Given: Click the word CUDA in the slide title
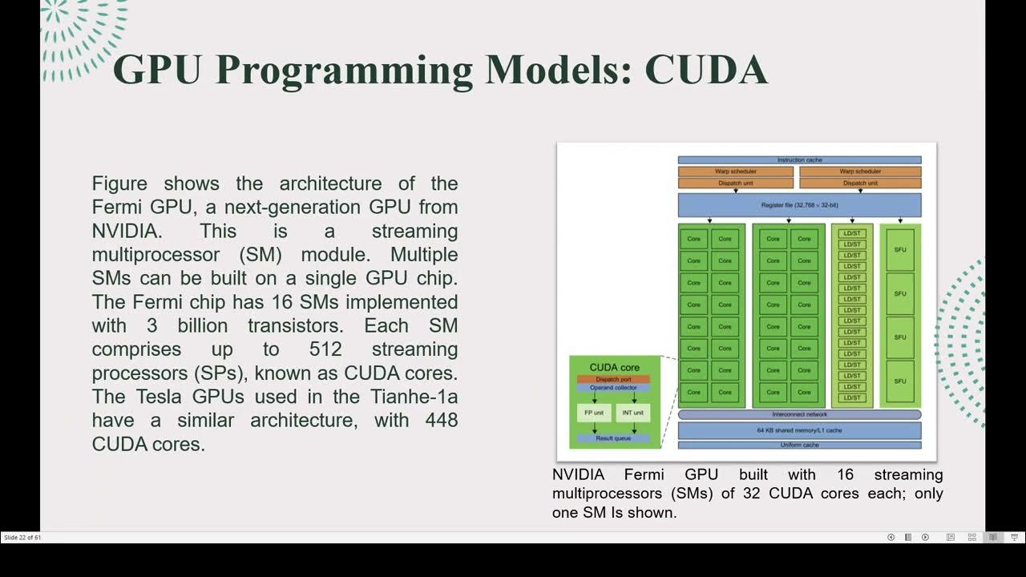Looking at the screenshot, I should [x=705, y=70].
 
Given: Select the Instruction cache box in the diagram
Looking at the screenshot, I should [x=799, y=160].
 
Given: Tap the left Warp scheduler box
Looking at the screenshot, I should [x=735, y=171].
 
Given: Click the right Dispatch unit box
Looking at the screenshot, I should [x=860, y=183].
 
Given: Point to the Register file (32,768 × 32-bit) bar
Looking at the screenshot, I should [x=799, y=205].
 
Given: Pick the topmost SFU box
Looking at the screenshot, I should [x=899, y=250].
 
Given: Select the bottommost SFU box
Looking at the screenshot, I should [x=899, y=381].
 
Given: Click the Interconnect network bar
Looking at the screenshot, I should [x=799, y=414].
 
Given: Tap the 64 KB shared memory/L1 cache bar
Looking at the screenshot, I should [x=799, y=430].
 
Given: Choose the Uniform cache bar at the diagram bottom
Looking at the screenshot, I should [x=799, y=445].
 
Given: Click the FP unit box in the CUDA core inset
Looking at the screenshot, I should [x=594, y=413].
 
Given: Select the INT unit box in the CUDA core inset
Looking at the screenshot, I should [x=633, y=413].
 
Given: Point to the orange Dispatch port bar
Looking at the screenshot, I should [x=613, y=379].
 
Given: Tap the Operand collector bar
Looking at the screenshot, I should [x=613, y=388].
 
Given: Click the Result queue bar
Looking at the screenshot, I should [x=613, y=438].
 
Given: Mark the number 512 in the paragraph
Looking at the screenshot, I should [x=325, y=349].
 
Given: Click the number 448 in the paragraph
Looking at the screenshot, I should [x=441, y=420].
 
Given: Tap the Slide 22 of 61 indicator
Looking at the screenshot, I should [x=22, y=538].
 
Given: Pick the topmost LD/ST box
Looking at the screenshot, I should [x=852, y=233].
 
